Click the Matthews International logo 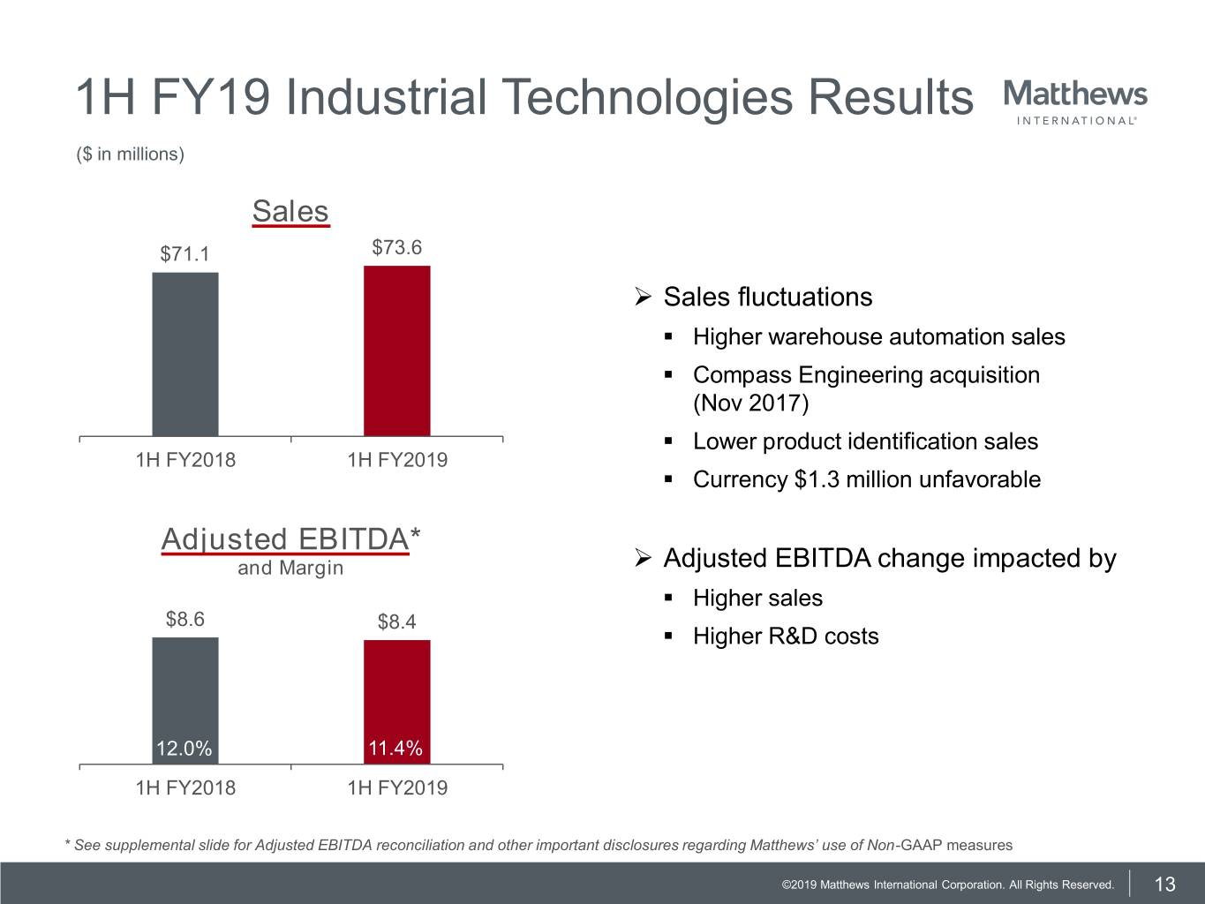pos(1075,102)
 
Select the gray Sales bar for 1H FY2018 pos(185,353)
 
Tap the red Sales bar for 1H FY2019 pos(397,350)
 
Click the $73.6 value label pos(397,247)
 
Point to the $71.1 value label pos(185,254)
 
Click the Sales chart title pos(290,212)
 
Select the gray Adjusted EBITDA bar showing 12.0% pos(185,689)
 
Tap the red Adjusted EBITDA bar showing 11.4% pos(397,689)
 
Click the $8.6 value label pos(185,619)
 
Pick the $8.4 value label pos(397,621)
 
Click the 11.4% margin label pos(395,749)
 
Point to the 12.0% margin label pos(184,749)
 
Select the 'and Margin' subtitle pos(290,568)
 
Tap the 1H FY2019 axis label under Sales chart pos(397,460)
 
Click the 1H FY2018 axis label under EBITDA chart pos(185,787)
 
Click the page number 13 pos(1165,885)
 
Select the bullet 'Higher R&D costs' pos(786,637)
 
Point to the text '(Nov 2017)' pos(750,403)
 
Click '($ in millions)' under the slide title pos(131,154)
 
